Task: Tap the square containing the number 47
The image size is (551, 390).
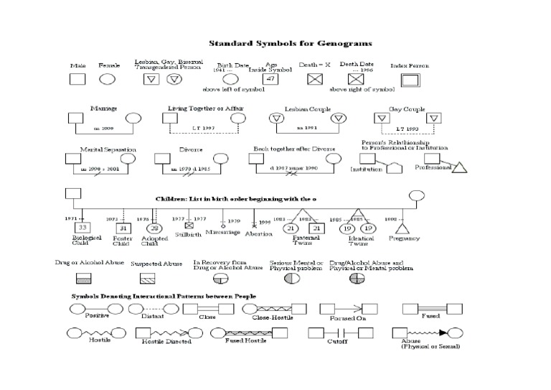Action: click(271, 78)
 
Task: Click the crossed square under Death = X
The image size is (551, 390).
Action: click(314, 79)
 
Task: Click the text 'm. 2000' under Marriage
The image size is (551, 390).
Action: click(104, 129)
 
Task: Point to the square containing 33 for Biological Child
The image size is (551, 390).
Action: click(81, 228)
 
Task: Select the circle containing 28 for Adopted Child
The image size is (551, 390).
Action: click(154, 228)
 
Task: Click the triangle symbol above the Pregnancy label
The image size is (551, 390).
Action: click(403, 228)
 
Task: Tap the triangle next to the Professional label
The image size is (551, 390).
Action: click(460, 168)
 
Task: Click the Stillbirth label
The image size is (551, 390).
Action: click(189, 234)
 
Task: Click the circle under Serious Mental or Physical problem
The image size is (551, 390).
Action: click(292, 277)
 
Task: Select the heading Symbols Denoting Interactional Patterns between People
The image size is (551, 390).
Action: click(164, 296)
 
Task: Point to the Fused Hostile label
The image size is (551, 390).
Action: click(246, 341)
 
